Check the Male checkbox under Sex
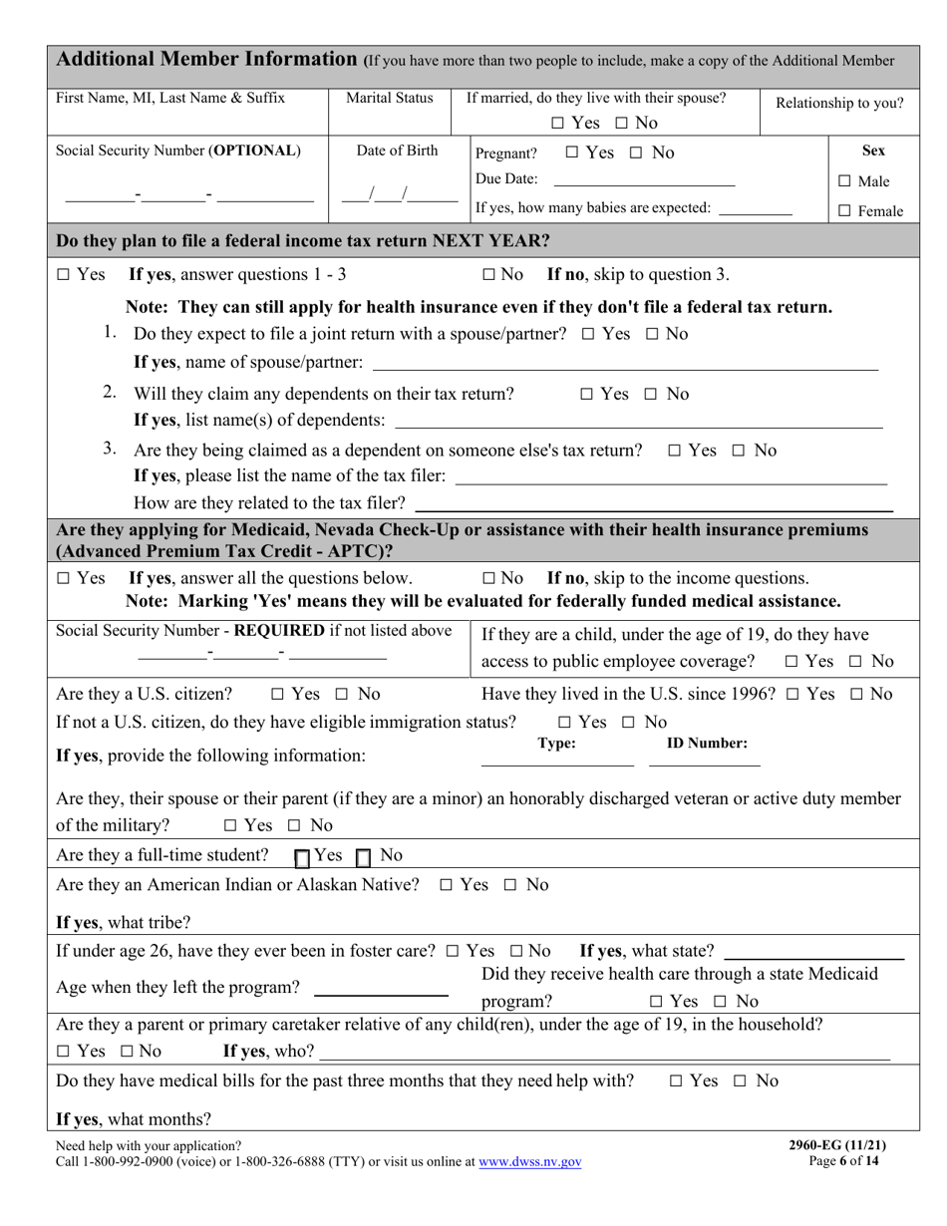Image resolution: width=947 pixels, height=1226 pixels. click(x=844, y=181)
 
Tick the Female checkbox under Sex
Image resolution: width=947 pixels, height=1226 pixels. click(x=844, y=211)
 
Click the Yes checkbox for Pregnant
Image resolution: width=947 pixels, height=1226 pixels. click(x=571, y=153)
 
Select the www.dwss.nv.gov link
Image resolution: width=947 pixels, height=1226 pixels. click(x=529, y=1161)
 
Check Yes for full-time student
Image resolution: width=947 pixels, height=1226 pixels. click(x=302, y=857)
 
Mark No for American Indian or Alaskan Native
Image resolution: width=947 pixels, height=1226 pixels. click(x=510, y=885)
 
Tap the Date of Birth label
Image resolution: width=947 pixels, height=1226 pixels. click(x=397, y=151)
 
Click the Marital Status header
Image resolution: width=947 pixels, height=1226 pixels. click(x=390, y=98)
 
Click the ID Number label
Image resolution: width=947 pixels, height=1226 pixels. click(x=707, y=743)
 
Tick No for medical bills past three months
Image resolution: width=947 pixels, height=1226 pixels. click(x=741, y=1081)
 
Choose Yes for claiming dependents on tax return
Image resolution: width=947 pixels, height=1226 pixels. click(x=586, y=395)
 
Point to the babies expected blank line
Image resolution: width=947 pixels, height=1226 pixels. click(x=755, y=209)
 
